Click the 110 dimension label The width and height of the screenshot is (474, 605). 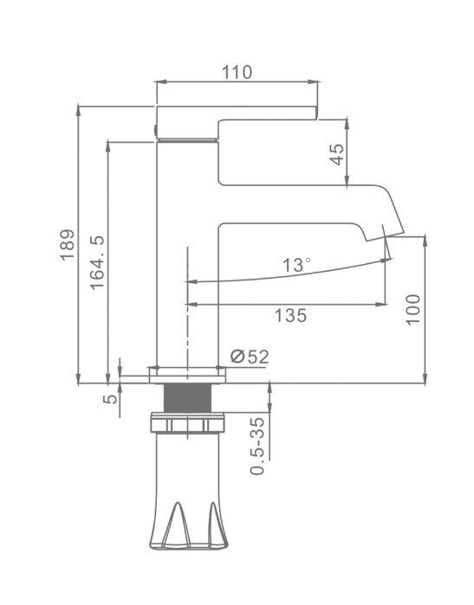click(237, 72)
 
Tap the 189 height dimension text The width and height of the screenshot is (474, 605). click(68, 246)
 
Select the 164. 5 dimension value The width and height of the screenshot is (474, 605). click(97, 262)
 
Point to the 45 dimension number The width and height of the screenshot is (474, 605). click(337, 154)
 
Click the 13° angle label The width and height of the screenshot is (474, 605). click(296, 265)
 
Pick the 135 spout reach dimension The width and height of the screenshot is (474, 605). click(290, 315)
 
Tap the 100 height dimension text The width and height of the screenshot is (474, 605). click(413, 310)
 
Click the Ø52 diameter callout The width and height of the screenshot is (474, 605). click(250, 357)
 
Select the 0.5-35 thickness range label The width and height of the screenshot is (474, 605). click(257, 446)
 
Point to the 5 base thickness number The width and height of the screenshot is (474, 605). click(111, 399)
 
